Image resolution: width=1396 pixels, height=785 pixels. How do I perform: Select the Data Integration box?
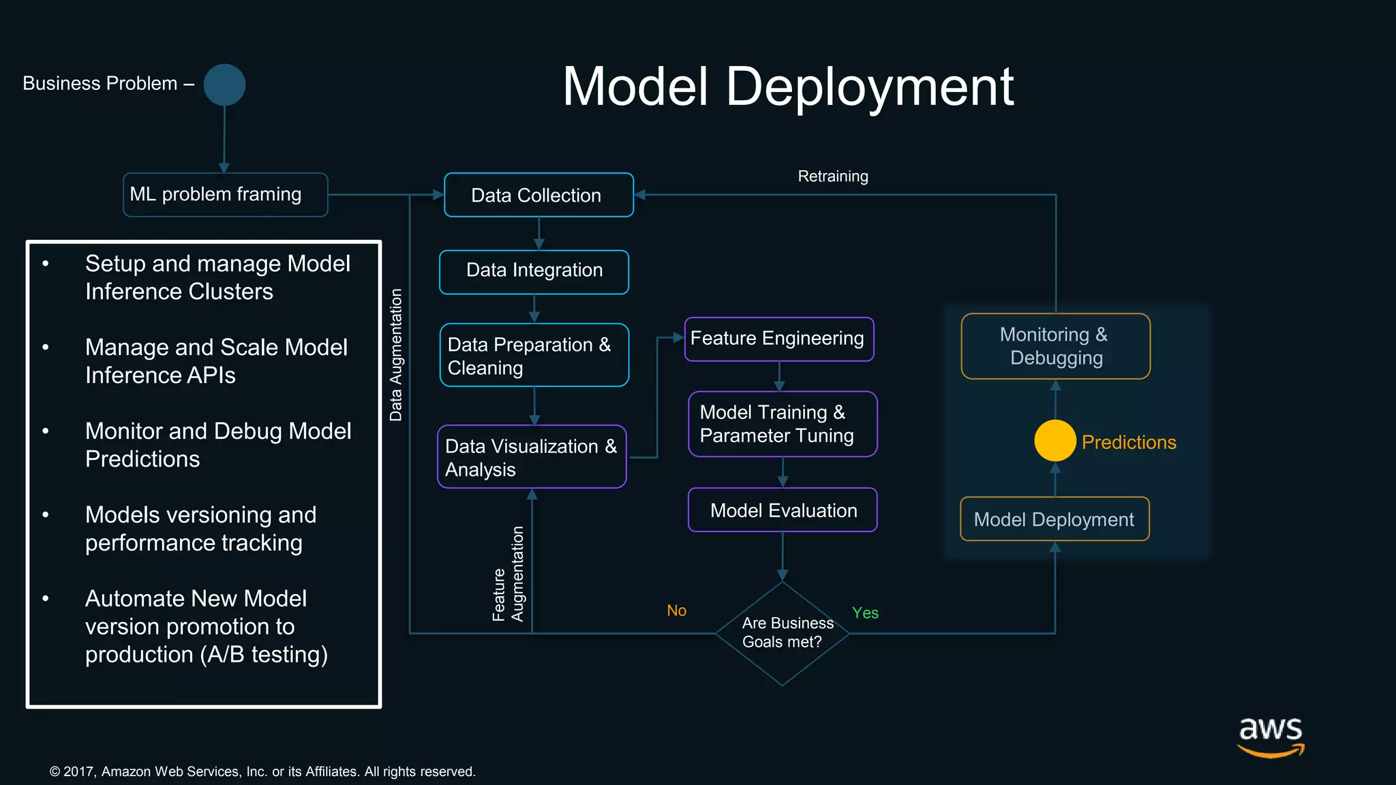pyautogui.click(x=534, y=271)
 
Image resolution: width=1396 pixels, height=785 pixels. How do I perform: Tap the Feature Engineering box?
pyautogui.click(x=778, y=339)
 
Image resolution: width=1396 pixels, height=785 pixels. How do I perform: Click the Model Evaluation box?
pyautogui.click(x=783, y=510)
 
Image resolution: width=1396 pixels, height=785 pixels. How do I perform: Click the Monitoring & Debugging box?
pyautogui.click(x=1054, y=346)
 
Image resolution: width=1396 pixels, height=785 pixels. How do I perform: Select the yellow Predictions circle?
pyautogui.click(x=1054, y=441)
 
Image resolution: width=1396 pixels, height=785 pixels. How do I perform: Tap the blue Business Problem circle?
pyautogui.click(x=224, y=85)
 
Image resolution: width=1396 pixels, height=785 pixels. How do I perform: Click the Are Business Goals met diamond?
pyautogui.click(x=782, y=633)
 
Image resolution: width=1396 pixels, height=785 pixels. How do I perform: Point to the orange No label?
pyautogui.click(x=676, y=611)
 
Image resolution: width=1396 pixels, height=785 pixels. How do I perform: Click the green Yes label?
pyautogui.click(x=865, y=613)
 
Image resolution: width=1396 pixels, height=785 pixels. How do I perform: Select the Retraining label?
pyautogui.click(x=832, y=176)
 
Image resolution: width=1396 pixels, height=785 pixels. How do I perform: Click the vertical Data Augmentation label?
pyautogui.click(x=396, y=355)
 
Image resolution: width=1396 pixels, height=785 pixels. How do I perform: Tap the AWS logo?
pyautogui.click(x=1271, y=736)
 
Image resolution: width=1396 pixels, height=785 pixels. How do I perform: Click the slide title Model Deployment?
pyautogui.click(x=788, y=87)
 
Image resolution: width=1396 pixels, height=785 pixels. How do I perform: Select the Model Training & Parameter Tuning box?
pyautogui.click(x=782, y=424)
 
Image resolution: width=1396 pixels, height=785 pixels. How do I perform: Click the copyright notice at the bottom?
pyautogui.click(x=262, y=771)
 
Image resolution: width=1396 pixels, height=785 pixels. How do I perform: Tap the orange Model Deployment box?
pyautogui.click(x=1054, y=519)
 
